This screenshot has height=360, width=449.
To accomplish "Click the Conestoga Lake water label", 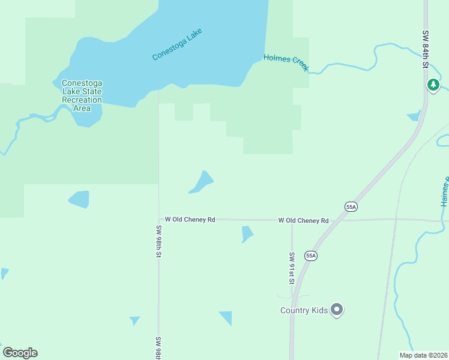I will point(178,44).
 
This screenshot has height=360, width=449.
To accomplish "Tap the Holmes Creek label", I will point(286,62).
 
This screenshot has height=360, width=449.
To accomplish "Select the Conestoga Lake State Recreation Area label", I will point(82,95).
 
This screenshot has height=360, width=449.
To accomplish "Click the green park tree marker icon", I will point(433,85).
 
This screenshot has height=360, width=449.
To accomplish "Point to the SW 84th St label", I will point(425,47).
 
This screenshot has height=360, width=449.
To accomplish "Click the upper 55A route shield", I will point(351,206).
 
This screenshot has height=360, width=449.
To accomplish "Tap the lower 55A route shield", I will point(310,256).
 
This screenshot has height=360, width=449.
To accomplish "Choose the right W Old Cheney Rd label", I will point(303,221).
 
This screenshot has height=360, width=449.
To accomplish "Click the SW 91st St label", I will point(291,268).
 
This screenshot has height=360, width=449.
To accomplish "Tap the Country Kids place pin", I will point(337,310).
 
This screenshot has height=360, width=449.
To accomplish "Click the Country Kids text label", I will point(304,310).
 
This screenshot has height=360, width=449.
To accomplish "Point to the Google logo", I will point(20,353).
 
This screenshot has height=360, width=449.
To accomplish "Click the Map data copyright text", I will point(423,355).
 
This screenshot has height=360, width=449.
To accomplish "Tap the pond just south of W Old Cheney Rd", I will point(247,233).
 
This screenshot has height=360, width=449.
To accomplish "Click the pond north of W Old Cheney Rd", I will point(202,182).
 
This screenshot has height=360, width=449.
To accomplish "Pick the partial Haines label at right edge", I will point(445,193).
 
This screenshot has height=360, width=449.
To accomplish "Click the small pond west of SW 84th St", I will point(414,115).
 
